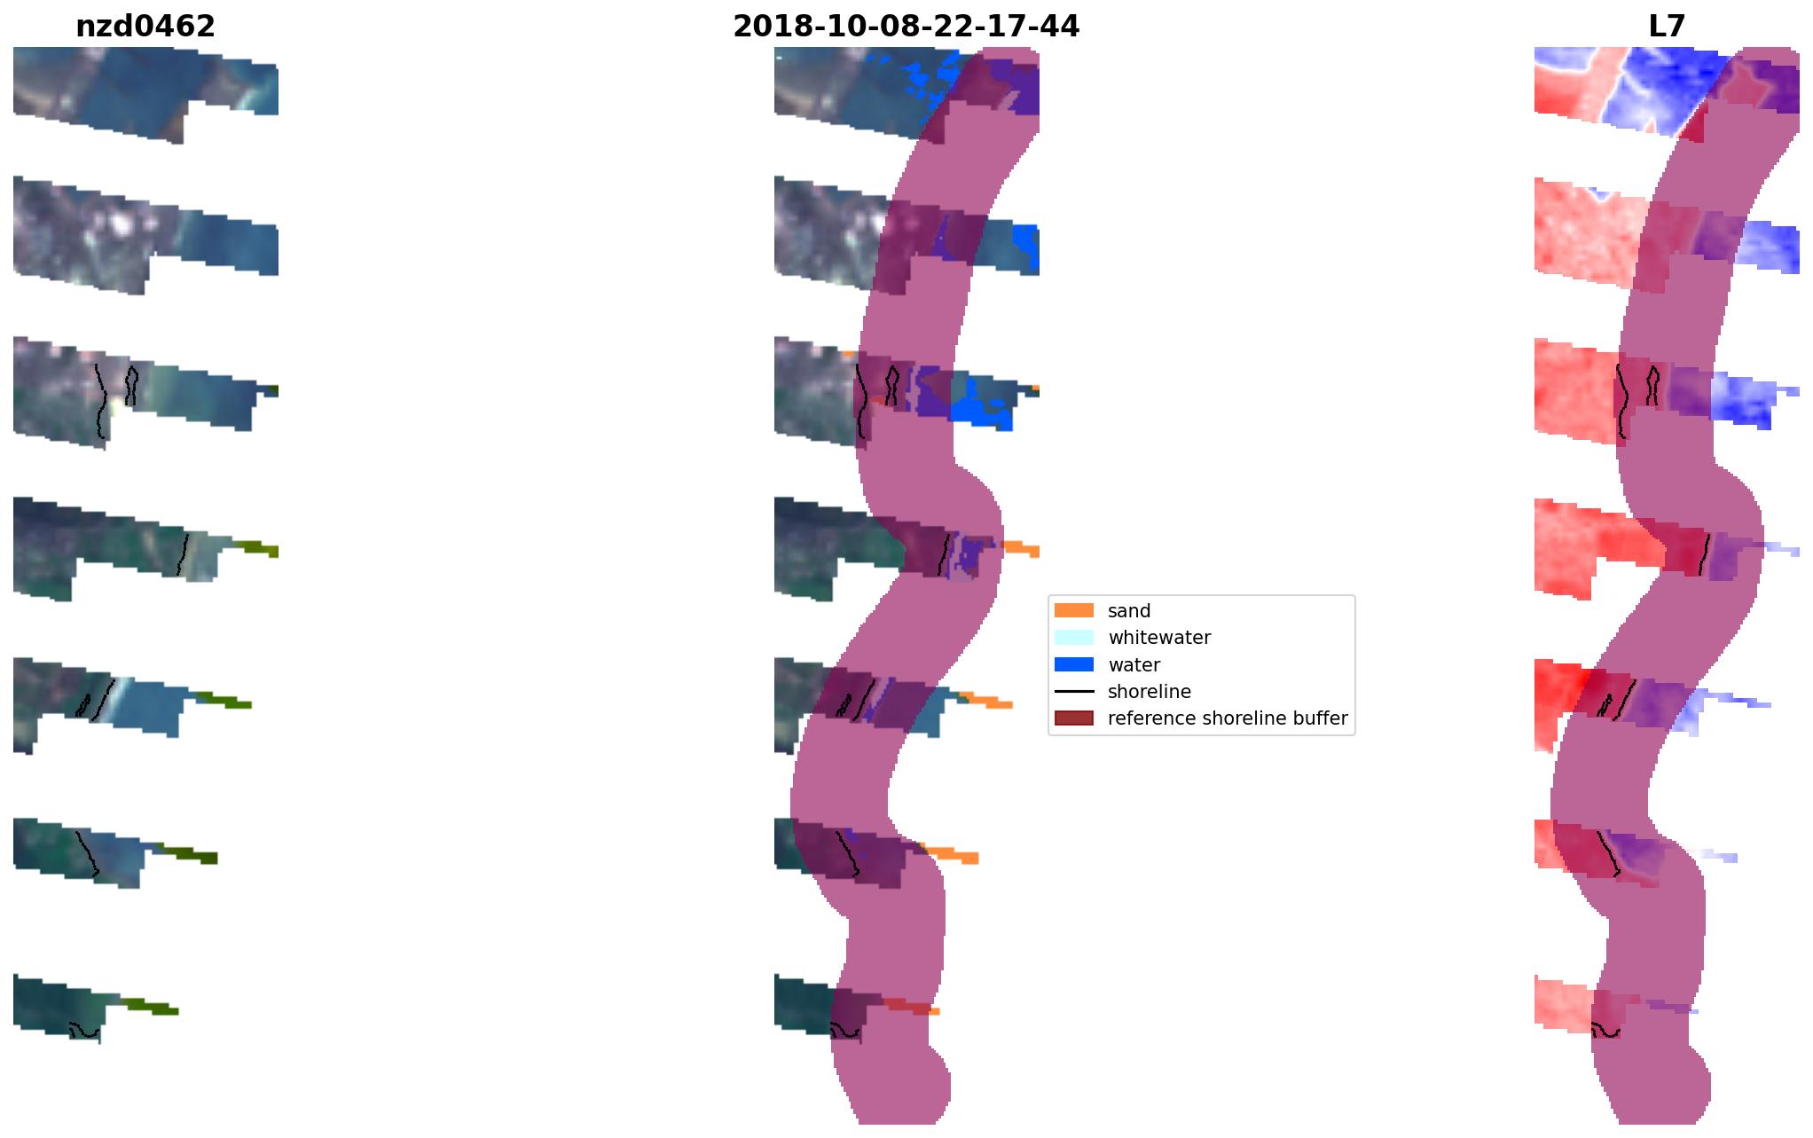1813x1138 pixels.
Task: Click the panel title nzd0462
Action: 145,27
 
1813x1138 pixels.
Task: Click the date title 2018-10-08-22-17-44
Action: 906,27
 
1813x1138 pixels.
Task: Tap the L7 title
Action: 1667,27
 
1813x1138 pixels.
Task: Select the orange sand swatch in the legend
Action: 1073,610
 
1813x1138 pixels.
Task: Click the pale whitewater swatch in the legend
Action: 1073,637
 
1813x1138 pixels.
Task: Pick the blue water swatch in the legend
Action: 1073,664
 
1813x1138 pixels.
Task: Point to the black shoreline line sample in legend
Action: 1073,691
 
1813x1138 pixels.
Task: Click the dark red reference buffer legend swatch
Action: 1073,718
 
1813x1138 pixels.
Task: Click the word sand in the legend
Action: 1129,611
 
